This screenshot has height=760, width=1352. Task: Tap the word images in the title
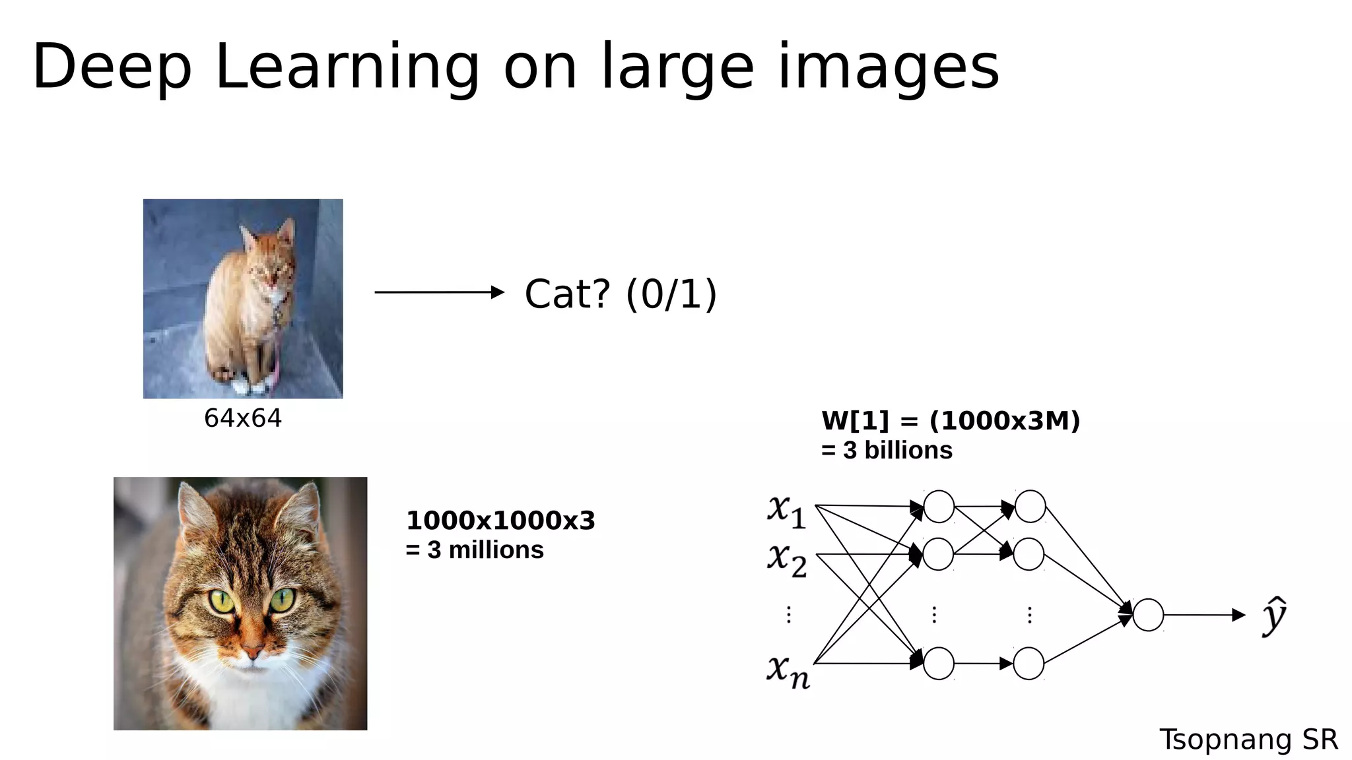coord(889,67)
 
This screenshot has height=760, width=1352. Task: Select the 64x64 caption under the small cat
coord(242,418)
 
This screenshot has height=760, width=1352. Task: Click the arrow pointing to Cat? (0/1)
coord(439,292)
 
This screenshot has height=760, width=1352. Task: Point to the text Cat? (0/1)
coord(620,294)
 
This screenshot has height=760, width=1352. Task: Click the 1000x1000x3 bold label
coord(500,521)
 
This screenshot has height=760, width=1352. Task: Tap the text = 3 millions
coord(475,550)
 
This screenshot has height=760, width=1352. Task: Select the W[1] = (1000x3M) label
coord(950,420)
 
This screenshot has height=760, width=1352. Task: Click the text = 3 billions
coord(887,450)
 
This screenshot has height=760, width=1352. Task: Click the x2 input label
coord(786,559)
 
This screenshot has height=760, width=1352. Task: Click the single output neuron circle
coord(1148,615)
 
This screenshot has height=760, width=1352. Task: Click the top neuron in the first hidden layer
coord(939,507)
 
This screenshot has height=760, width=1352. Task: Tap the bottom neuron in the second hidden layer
coord(1029,663)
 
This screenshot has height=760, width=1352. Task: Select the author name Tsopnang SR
coord(1248,740)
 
